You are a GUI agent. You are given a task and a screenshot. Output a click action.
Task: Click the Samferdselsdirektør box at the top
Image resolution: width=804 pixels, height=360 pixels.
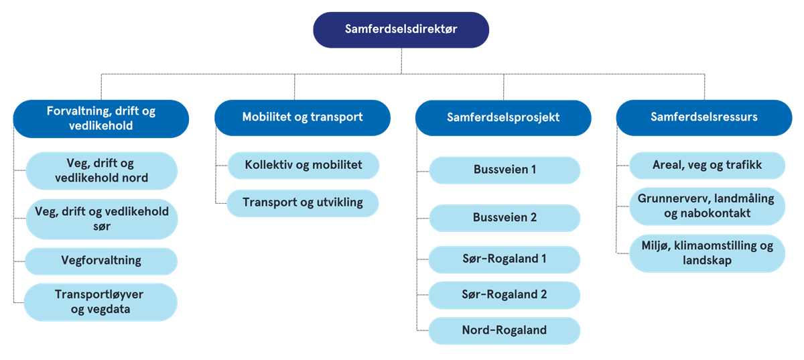[401, 29]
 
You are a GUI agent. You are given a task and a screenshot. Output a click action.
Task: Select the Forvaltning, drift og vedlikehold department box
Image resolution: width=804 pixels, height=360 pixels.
[101, 119]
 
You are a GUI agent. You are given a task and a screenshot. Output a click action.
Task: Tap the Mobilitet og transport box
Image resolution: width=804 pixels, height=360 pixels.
[302, 117]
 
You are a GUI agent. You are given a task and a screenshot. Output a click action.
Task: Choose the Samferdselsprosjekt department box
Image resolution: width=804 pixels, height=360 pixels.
[503, 117]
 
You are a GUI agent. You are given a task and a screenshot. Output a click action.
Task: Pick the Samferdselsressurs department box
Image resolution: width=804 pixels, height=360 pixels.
[704, 117]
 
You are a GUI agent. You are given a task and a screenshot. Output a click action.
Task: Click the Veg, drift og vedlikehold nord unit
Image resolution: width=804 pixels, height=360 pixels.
[101, 171]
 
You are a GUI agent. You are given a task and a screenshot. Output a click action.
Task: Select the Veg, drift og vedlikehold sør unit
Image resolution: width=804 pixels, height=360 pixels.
[101, 219]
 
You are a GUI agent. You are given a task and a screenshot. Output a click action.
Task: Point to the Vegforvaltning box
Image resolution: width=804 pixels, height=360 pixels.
[101, 261]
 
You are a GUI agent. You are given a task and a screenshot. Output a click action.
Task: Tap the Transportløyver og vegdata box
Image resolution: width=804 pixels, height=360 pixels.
[101, 302]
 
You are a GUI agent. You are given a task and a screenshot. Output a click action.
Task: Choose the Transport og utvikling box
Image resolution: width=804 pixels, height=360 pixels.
[303, 203]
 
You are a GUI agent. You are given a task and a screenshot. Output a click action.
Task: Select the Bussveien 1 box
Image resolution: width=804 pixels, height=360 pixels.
[505, 170]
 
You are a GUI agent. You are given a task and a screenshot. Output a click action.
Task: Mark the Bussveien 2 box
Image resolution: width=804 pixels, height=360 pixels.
[505, 218]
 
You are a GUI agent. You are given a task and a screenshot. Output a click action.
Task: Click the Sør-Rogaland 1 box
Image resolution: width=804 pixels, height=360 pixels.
[505, 259]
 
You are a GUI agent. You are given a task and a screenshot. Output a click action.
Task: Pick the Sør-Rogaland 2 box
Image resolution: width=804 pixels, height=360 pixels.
[505, 295]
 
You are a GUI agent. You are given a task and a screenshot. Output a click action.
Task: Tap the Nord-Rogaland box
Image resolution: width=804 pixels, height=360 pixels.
[505, 331]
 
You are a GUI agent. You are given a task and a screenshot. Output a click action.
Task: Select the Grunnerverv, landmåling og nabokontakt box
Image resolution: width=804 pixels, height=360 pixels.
[708, 206]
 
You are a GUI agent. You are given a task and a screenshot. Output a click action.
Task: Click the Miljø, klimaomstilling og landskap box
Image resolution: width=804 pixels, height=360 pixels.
[708, 253]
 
